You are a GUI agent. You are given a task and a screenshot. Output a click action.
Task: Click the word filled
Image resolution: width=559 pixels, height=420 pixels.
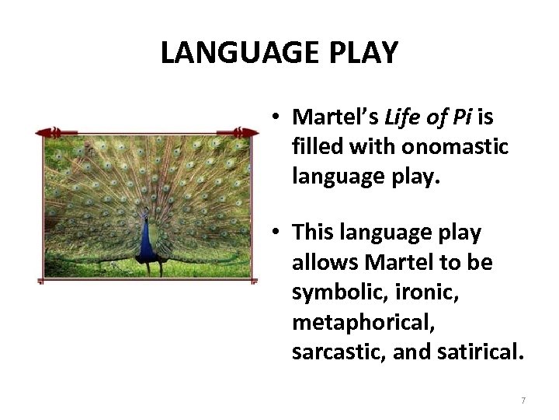[318, 146]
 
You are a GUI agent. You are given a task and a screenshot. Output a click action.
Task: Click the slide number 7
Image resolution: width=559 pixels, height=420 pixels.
[523, 401]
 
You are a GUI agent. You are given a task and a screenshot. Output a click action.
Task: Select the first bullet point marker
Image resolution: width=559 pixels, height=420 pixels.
[276, 117]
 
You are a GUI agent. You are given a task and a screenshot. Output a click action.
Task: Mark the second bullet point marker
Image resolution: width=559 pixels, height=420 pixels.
[276, 233]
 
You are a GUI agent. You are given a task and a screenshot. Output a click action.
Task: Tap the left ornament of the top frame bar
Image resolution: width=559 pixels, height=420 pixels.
[48, 133]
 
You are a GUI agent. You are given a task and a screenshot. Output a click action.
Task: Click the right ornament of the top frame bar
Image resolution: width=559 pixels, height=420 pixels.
[247, 133]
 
